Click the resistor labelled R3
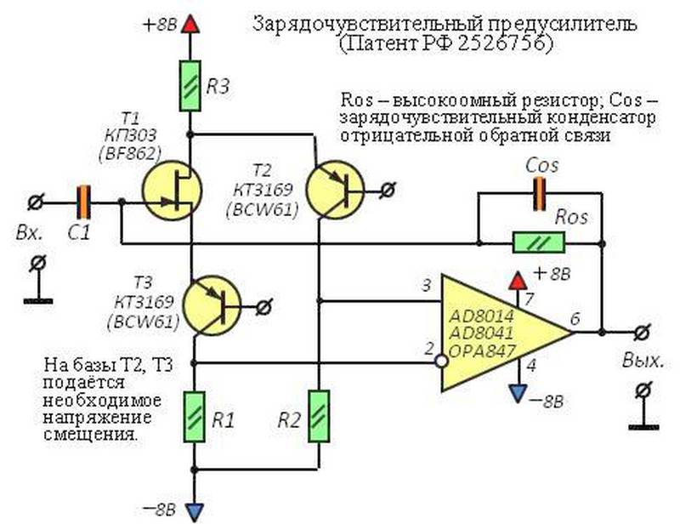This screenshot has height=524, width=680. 190,86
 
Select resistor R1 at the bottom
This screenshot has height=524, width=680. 194,417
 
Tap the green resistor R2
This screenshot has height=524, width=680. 319,416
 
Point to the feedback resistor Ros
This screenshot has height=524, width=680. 539,242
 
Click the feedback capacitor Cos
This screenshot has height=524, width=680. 539,194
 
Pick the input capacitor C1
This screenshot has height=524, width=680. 83,202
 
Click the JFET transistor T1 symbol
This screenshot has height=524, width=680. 173,191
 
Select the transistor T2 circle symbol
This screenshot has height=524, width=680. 335,190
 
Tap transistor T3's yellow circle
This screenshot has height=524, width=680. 212,305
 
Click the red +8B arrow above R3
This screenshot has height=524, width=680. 190,25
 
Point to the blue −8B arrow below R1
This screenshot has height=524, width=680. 194,512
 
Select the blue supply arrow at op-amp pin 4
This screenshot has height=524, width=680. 518,393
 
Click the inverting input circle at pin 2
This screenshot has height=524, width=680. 441,362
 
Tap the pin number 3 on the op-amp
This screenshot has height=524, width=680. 427,286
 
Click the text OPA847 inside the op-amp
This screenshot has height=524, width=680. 482,350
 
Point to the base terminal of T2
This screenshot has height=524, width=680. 388,190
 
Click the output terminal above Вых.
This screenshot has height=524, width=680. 643,333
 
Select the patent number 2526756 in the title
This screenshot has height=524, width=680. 504,43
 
